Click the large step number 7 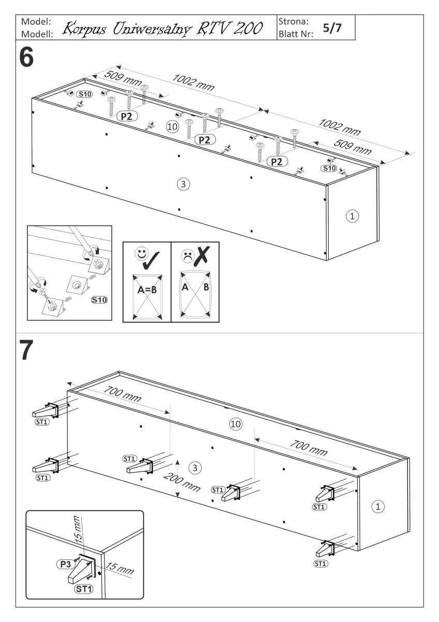(x=26, y=352)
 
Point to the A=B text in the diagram (x=147, y=291)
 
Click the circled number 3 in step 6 (x=182, y=183)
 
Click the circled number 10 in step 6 (x=171, y=126)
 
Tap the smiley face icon (x=140, y=255)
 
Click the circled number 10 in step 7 (x=236, y=424)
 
